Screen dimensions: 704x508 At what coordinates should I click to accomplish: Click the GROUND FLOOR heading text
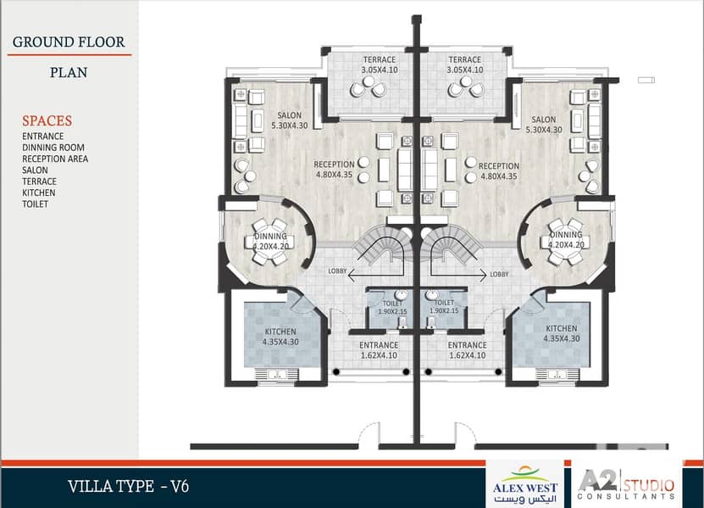point(69,42)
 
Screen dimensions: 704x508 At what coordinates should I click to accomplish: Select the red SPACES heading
point(47,120)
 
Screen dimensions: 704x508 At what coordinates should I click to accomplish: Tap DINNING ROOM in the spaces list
point(53,148)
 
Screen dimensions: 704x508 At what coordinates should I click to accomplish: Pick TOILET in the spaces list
point(35,204)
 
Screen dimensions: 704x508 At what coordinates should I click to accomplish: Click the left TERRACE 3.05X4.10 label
point(380,64)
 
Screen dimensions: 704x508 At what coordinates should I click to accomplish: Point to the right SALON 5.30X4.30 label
point(544,125)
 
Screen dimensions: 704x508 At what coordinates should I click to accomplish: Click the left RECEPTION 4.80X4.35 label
point(334,170)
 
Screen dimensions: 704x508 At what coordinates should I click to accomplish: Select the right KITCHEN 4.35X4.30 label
point(561,333)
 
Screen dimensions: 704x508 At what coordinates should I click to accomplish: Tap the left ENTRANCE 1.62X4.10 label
point(379,350)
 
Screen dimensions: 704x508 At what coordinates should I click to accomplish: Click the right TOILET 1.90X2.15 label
point(444,307)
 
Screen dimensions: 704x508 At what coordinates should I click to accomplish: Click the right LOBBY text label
point(499,274)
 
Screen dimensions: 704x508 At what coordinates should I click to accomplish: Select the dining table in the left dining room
point(269,242)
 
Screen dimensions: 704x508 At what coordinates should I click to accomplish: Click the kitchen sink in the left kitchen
point(276,375)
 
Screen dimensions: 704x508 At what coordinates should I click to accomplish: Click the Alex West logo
point(525,484)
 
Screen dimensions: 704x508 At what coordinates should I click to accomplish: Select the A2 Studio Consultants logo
point(626,484)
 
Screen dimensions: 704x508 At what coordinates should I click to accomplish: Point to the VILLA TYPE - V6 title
point(129,487)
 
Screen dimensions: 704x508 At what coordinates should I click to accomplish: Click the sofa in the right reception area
point(430,170)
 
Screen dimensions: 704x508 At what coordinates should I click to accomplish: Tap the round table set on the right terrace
point(465,87)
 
